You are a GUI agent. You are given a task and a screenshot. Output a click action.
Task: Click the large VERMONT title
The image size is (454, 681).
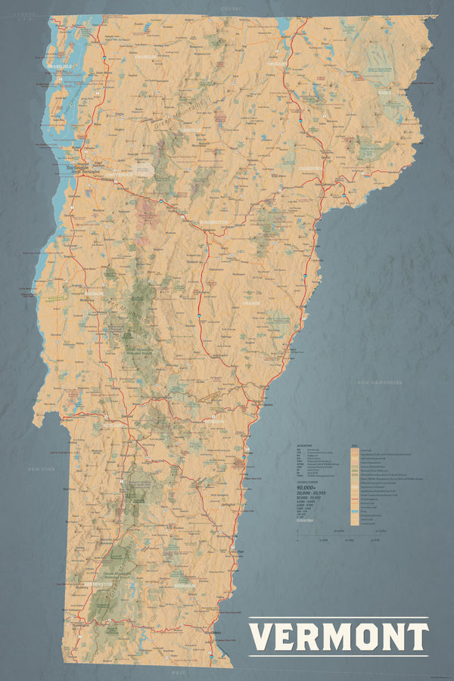[x=338, y=636]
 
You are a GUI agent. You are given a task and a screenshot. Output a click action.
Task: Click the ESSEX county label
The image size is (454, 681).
[x=385, y=93]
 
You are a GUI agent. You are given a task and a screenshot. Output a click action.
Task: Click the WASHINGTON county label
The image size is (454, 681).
[x=214, y=222]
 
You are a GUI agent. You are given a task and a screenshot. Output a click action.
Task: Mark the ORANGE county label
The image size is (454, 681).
[x=250, y=303]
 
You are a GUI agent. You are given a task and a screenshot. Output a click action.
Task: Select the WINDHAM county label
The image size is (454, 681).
[x=183, y=585]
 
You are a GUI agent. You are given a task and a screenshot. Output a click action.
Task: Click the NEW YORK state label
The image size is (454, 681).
[x=42, y=470]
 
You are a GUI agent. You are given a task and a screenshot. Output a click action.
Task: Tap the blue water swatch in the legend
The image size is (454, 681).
[x=355, y=516]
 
